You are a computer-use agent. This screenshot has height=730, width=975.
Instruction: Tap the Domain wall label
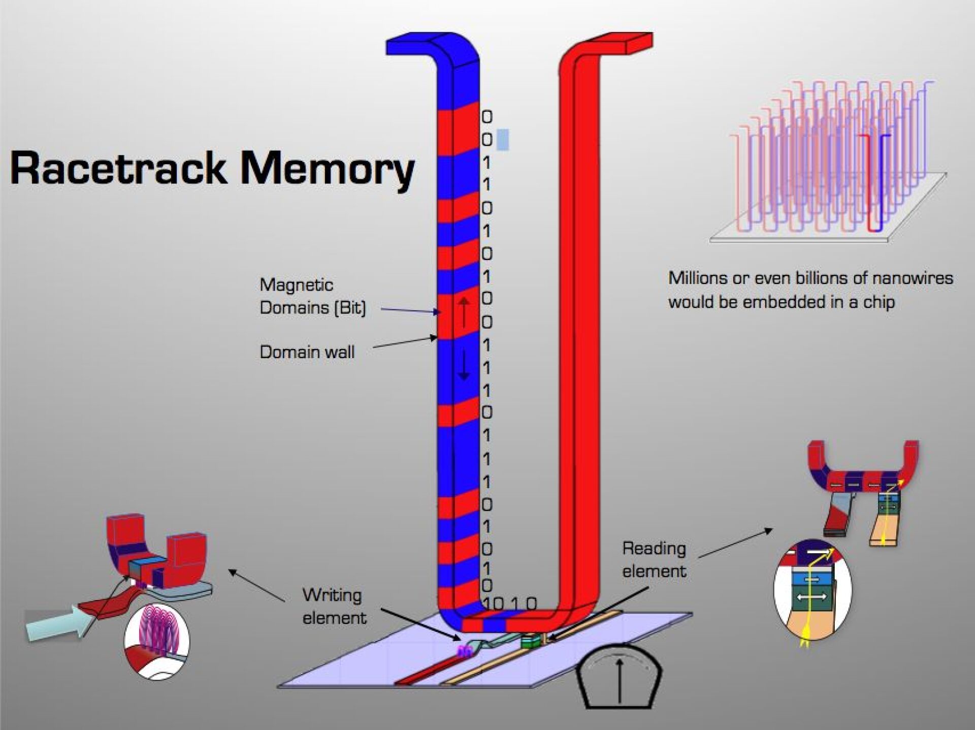pos(307,352)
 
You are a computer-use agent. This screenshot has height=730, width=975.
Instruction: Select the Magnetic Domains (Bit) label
pos(312,296)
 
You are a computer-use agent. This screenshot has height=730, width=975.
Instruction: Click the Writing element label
pos(334,607)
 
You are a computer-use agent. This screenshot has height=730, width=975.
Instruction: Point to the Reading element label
pos(654,559)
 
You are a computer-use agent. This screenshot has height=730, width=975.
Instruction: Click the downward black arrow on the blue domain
pos(464,365)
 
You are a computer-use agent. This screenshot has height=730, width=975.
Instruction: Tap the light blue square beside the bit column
pos(502,139)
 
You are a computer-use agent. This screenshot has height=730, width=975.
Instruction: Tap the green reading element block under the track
pos(529,642)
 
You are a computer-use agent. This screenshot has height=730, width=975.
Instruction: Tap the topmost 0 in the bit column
pos(486,117)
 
